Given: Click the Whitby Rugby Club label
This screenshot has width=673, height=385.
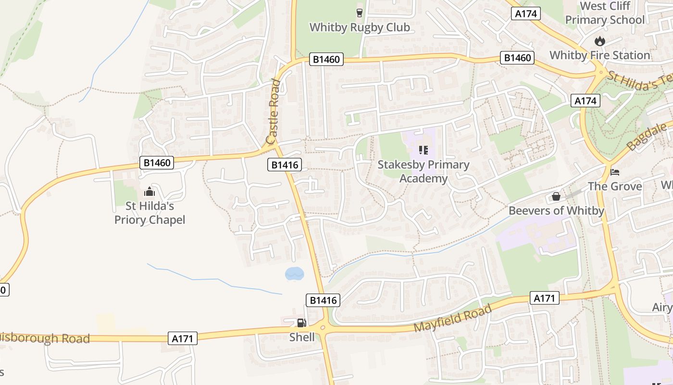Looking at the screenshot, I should pyautogui.click(x=360, y=27).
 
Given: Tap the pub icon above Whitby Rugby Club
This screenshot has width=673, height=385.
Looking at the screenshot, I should pyautogui.click(x=360, y=13).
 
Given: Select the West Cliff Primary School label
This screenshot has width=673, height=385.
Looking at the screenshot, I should pyautogui.click(x=605, y=13).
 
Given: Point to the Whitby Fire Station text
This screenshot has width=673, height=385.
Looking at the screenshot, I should pyautogui.click(x=600, y=55).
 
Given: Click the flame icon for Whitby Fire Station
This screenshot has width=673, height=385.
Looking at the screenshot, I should pyautogui.click(x=599, y=41).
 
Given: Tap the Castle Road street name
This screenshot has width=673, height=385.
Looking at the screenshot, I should pyautogui.click(x=273, y=112).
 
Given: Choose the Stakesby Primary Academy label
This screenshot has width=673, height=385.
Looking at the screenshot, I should pyautogui.click(x=424, y=171).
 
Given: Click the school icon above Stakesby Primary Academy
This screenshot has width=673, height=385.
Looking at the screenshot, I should pyautogui.click(x=423, y=150).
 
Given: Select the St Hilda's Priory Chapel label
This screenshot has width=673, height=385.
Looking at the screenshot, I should pyautogui.click(x=150, y=213).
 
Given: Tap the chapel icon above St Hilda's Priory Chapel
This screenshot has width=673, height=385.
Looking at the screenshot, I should pyautogui.click(x=150, y=192).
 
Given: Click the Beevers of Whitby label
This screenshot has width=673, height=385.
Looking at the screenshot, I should pyautogui.click(x=556, y=211).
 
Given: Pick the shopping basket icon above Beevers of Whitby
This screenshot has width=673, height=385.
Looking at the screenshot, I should pyautogui.click(x=556, y=196).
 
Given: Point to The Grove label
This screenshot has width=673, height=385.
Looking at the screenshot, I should pyautogui.click(x=615, y=186).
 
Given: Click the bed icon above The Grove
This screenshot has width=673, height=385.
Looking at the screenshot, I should pyautogui.click(x=615, y=172).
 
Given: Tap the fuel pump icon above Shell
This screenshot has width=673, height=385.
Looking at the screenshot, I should pyautogui.click(x=301, y=322).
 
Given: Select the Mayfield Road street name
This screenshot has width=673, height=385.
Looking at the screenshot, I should pyautogui.click(x=453, y=318).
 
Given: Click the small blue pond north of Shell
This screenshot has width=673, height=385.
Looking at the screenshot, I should pyautogui.click(x=294, y=274).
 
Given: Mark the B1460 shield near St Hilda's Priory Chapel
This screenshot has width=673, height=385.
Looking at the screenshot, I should pyautogui.click(x=157, y=163).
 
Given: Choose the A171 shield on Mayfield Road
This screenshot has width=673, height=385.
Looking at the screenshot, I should pyautogui.click(x=545, y=298).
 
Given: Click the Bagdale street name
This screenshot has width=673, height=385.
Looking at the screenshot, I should pyautogui.click(x=648, y=137).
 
